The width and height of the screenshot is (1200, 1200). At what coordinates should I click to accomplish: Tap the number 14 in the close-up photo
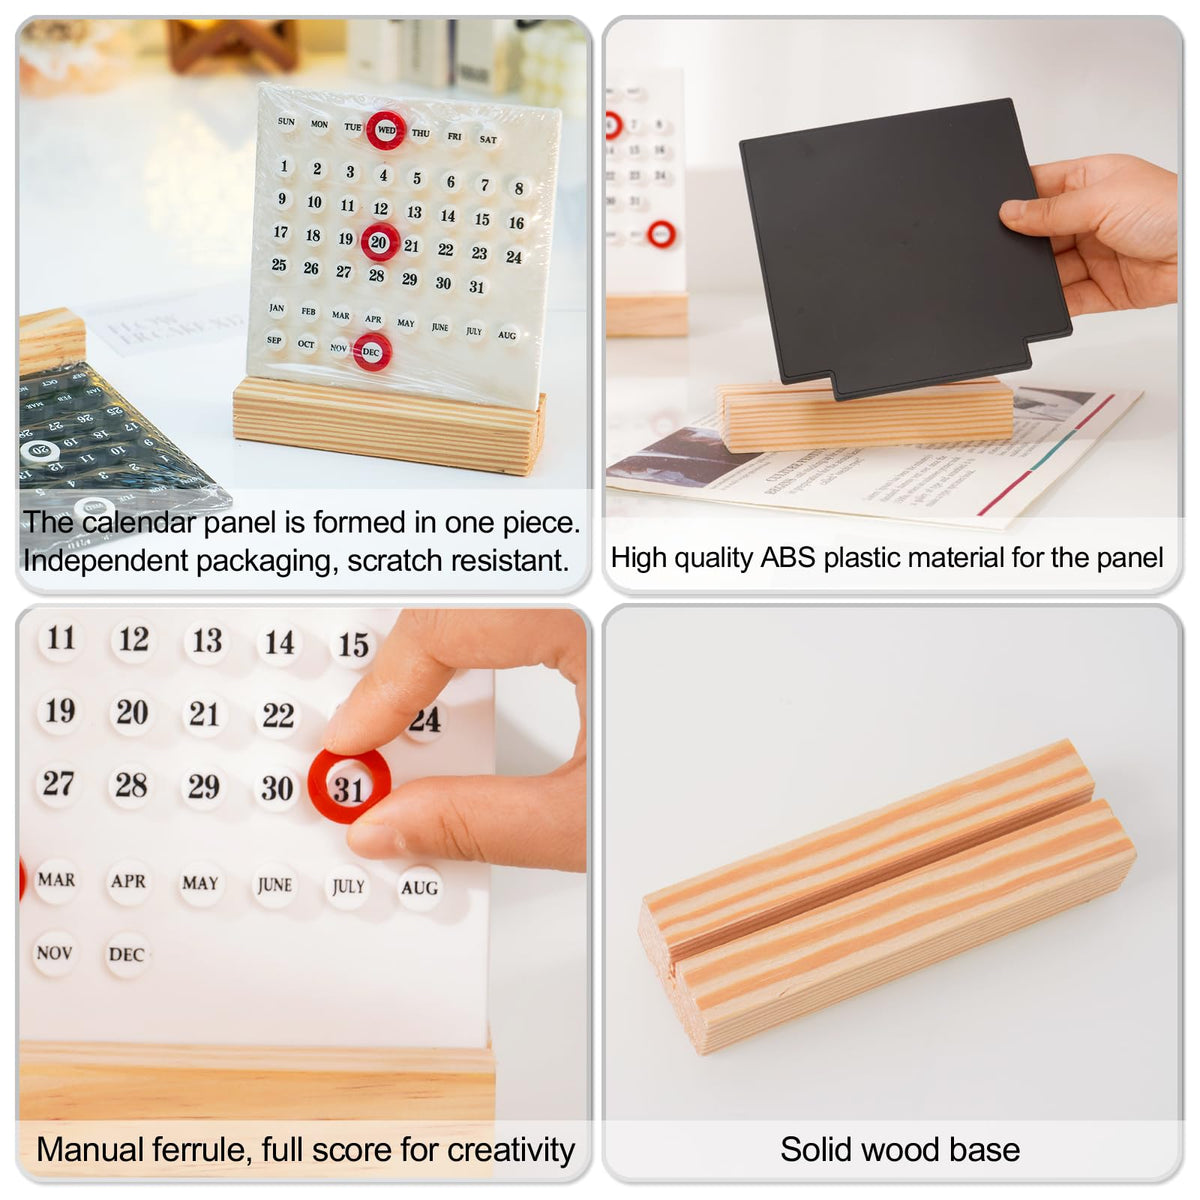tap(279, 643)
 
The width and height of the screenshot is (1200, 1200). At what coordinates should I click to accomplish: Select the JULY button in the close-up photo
tap(348, 886)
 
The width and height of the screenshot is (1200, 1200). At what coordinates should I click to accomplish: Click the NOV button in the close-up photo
tap(54, 953)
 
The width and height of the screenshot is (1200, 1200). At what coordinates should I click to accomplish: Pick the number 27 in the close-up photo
tap(58, 784)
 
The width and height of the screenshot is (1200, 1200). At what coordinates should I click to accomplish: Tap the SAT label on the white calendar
tap(488, 139)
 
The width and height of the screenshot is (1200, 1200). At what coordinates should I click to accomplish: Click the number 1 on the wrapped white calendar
tap(284, 166)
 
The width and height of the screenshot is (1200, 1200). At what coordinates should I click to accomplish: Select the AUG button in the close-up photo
tap(419, 888)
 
